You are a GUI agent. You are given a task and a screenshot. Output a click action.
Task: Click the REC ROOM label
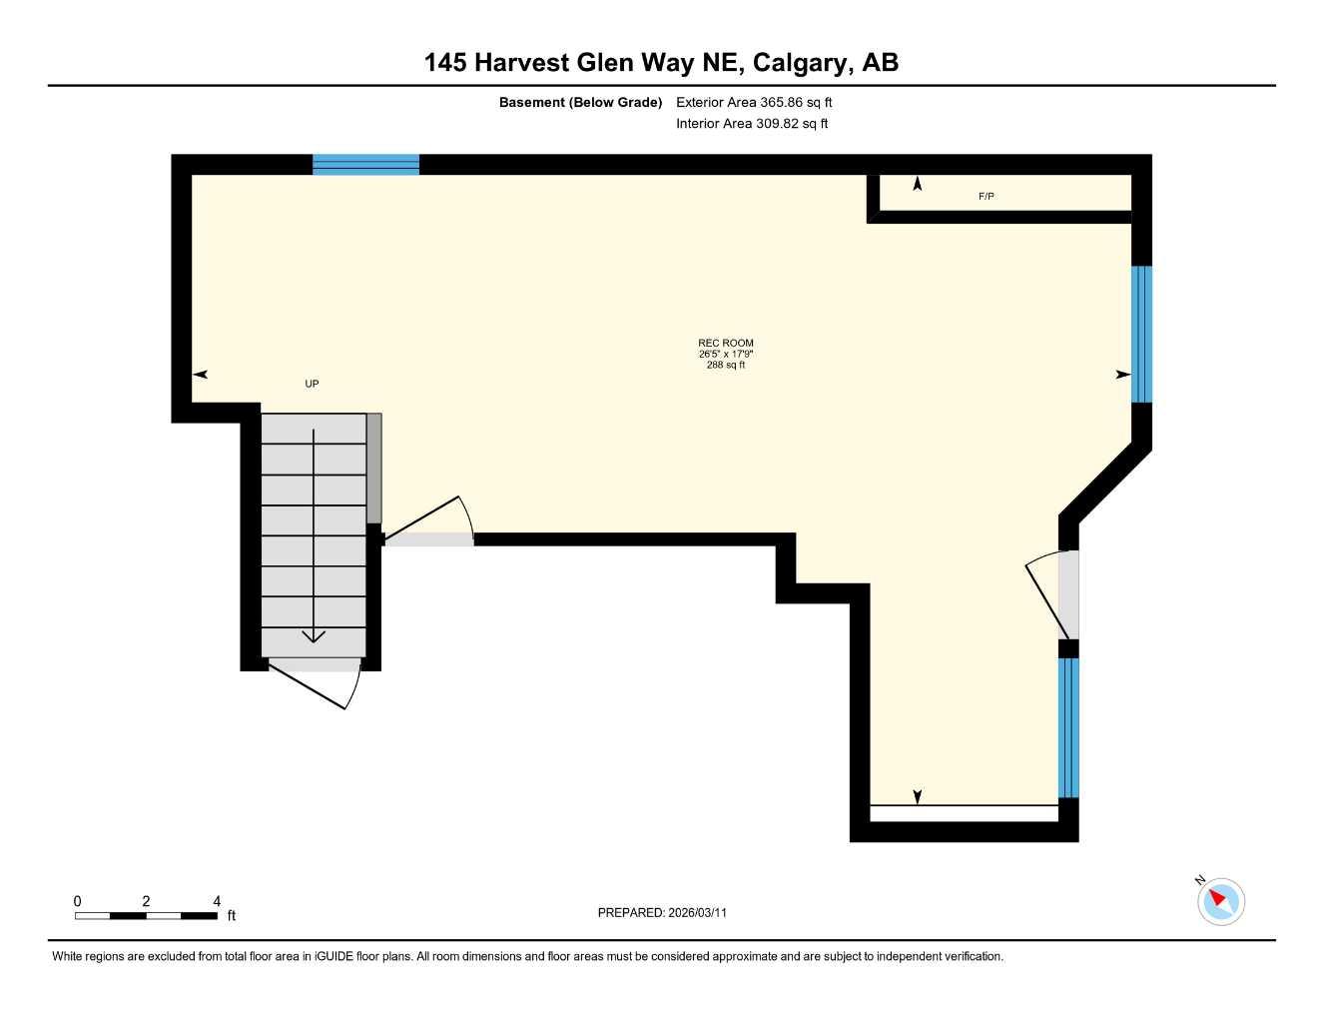pos(726,343)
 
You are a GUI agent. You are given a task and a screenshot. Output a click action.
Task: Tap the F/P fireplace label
pos(986,197)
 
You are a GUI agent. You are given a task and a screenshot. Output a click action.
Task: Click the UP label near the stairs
pos(312,384)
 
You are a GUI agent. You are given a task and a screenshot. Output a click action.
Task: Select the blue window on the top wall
pos(365,165)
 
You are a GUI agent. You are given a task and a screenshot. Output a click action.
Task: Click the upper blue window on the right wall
pos(1141,334)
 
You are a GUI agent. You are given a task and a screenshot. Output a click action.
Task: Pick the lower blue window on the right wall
pos(1068,727)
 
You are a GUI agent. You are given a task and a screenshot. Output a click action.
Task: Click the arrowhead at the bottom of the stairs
pos(314,635)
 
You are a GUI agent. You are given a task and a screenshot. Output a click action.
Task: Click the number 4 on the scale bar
pos(217,901)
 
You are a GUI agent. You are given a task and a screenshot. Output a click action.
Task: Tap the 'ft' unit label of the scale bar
pos(232,915)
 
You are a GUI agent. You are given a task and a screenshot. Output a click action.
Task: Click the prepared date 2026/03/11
pos(697,912)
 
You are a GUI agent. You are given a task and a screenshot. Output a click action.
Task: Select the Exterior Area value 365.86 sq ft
pos(754,102)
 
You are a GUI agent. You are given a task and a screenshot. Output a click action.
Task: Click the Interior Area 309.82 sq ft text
pos(752,124)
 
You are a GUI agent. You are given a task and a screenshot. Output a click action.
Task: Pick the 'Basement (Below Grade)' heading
pos(580,102)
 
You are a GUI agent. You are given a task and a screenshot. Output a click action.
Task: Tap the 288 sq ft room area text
pos(726,366)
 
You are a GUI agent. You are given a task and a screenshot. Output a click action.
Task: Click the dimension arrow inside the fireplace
pos(917,184)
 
